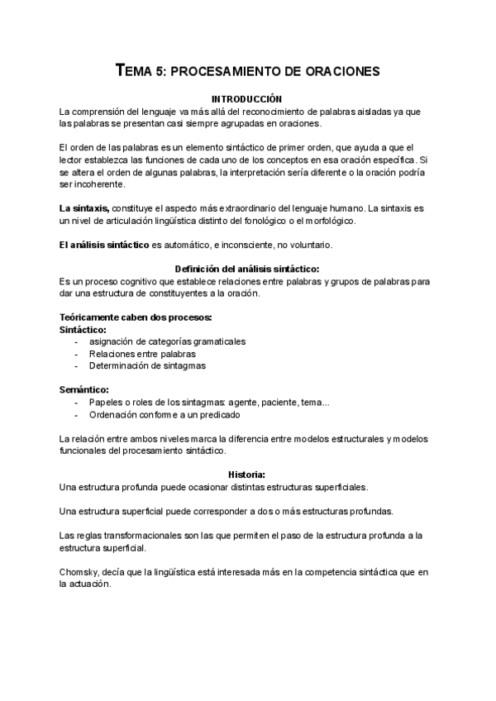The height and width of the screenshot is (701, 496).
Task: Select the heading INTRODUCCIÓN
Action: pyautogui.click(x=248, y=98)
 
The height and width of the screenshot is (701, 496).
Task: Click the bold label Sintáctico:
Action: pyautogui.click(x=83, y=329)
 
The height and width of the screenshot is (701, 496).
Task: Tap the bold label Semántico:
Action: pyautogui.click(x=84, y=389)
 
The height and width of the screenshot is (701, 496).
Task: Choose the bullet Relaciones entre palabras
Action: pyautogui.click(x=137, y=353)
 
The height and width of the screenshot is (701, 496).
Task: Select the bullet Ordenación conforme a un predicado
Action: pyautogui.click(x=165, y=414)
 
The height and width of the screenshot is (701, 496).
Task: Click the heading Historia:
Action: pyautogui.click(x=248, y=474)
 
